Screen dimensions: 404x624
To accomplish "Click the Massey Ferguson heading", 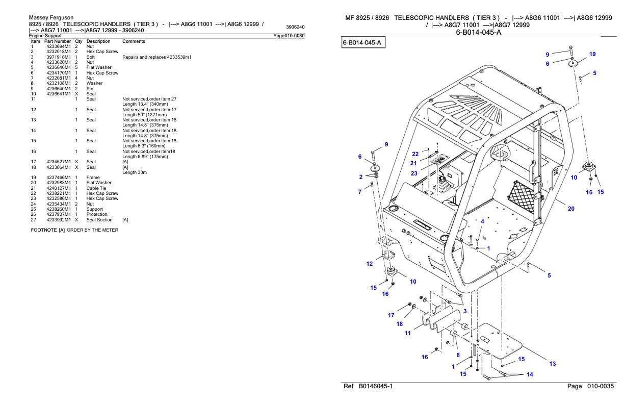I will [51, 18].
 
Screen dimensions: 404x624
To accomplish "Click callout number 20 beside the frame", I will [571, 209].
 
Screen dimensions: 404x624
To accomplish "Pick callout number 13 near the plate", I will [553, 364].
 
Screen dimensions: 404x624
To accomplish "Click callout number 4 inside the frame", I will [482, 221].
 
